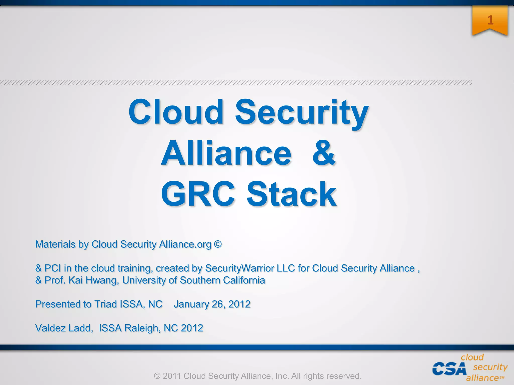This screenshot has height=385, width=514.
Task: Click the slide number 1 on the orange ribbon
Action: [x=490, y=20]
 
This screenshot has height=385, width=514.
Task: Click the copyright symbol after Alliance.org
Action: [x=218, y=244]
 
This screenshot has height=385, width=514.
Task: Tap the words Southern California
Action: [x=222, y=280]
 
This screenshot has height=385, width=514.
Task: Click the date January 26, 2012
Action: [x=212, y=304]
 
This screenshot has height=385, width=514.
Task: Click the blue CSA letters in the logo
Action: [x=449, y=369]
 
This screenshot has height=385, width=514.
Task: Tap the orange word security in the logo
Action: [x=490, y=367]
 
